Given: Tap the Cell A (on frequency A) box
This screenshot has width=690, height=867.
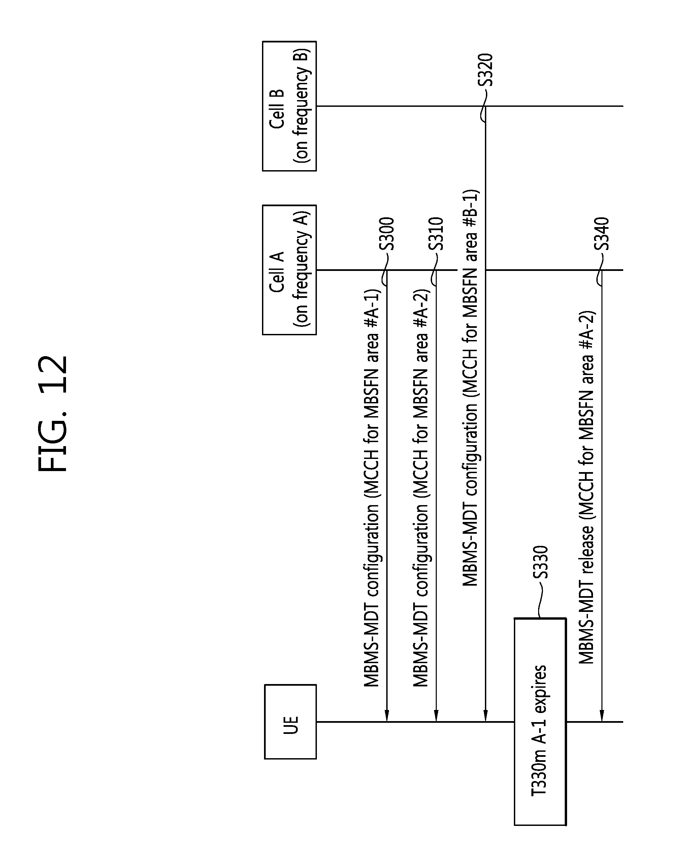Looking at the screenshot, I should [x=289, y=270].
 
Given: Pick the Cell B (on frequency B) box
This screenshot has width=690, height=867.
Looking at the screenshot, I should [x=289, y=106].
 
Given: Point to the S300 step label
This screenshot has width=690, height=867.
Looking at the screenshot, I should [x=387, y=233].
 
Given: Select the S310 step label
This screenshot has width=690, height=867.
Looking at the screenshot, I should [x=436, y=233].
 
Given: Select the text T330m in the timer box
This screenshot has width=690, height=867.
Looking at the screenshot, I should [x=540, y=786].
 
